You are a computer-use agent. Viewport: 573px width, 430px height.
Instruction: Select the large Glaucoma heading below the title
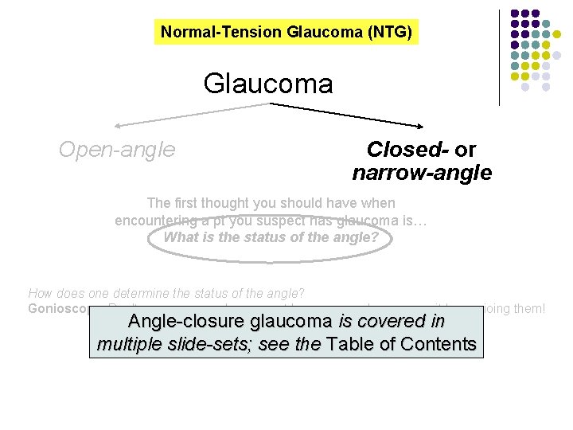(x=268, y=83)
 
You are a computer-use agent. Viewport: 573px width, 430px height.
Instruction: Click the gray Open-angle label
(x=117, y=149)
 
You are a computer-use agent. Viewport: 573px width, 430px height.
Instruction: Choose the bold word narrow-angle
(x=422, y=173)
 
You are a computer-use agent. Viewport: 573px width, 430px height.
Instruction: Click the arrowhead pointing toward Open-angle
(x=117, y=125)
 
